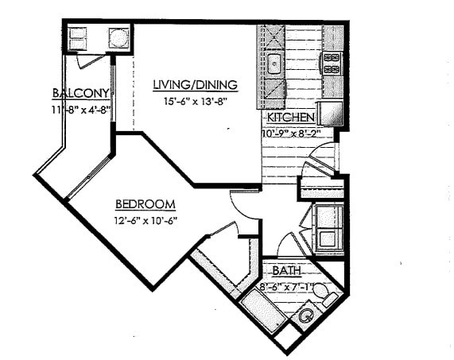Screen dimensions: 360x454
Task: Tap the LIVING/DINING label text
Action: pos(195,85)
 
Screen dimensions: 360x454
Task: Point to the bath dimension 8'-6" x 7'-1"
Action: pos(289,285)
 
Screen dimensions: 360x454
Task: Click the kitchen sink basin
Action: pos(274,64)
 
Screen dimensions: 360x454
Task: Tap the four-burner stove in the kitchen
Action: pos(331,62)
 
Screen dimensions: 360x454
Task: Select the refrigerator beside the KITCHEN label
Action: pos(330,114)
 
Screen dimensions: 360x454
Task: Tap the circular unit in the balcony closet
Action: pos(118,37)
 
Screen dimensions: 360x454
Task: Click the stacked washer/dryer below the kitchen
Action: pos(327,228)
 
